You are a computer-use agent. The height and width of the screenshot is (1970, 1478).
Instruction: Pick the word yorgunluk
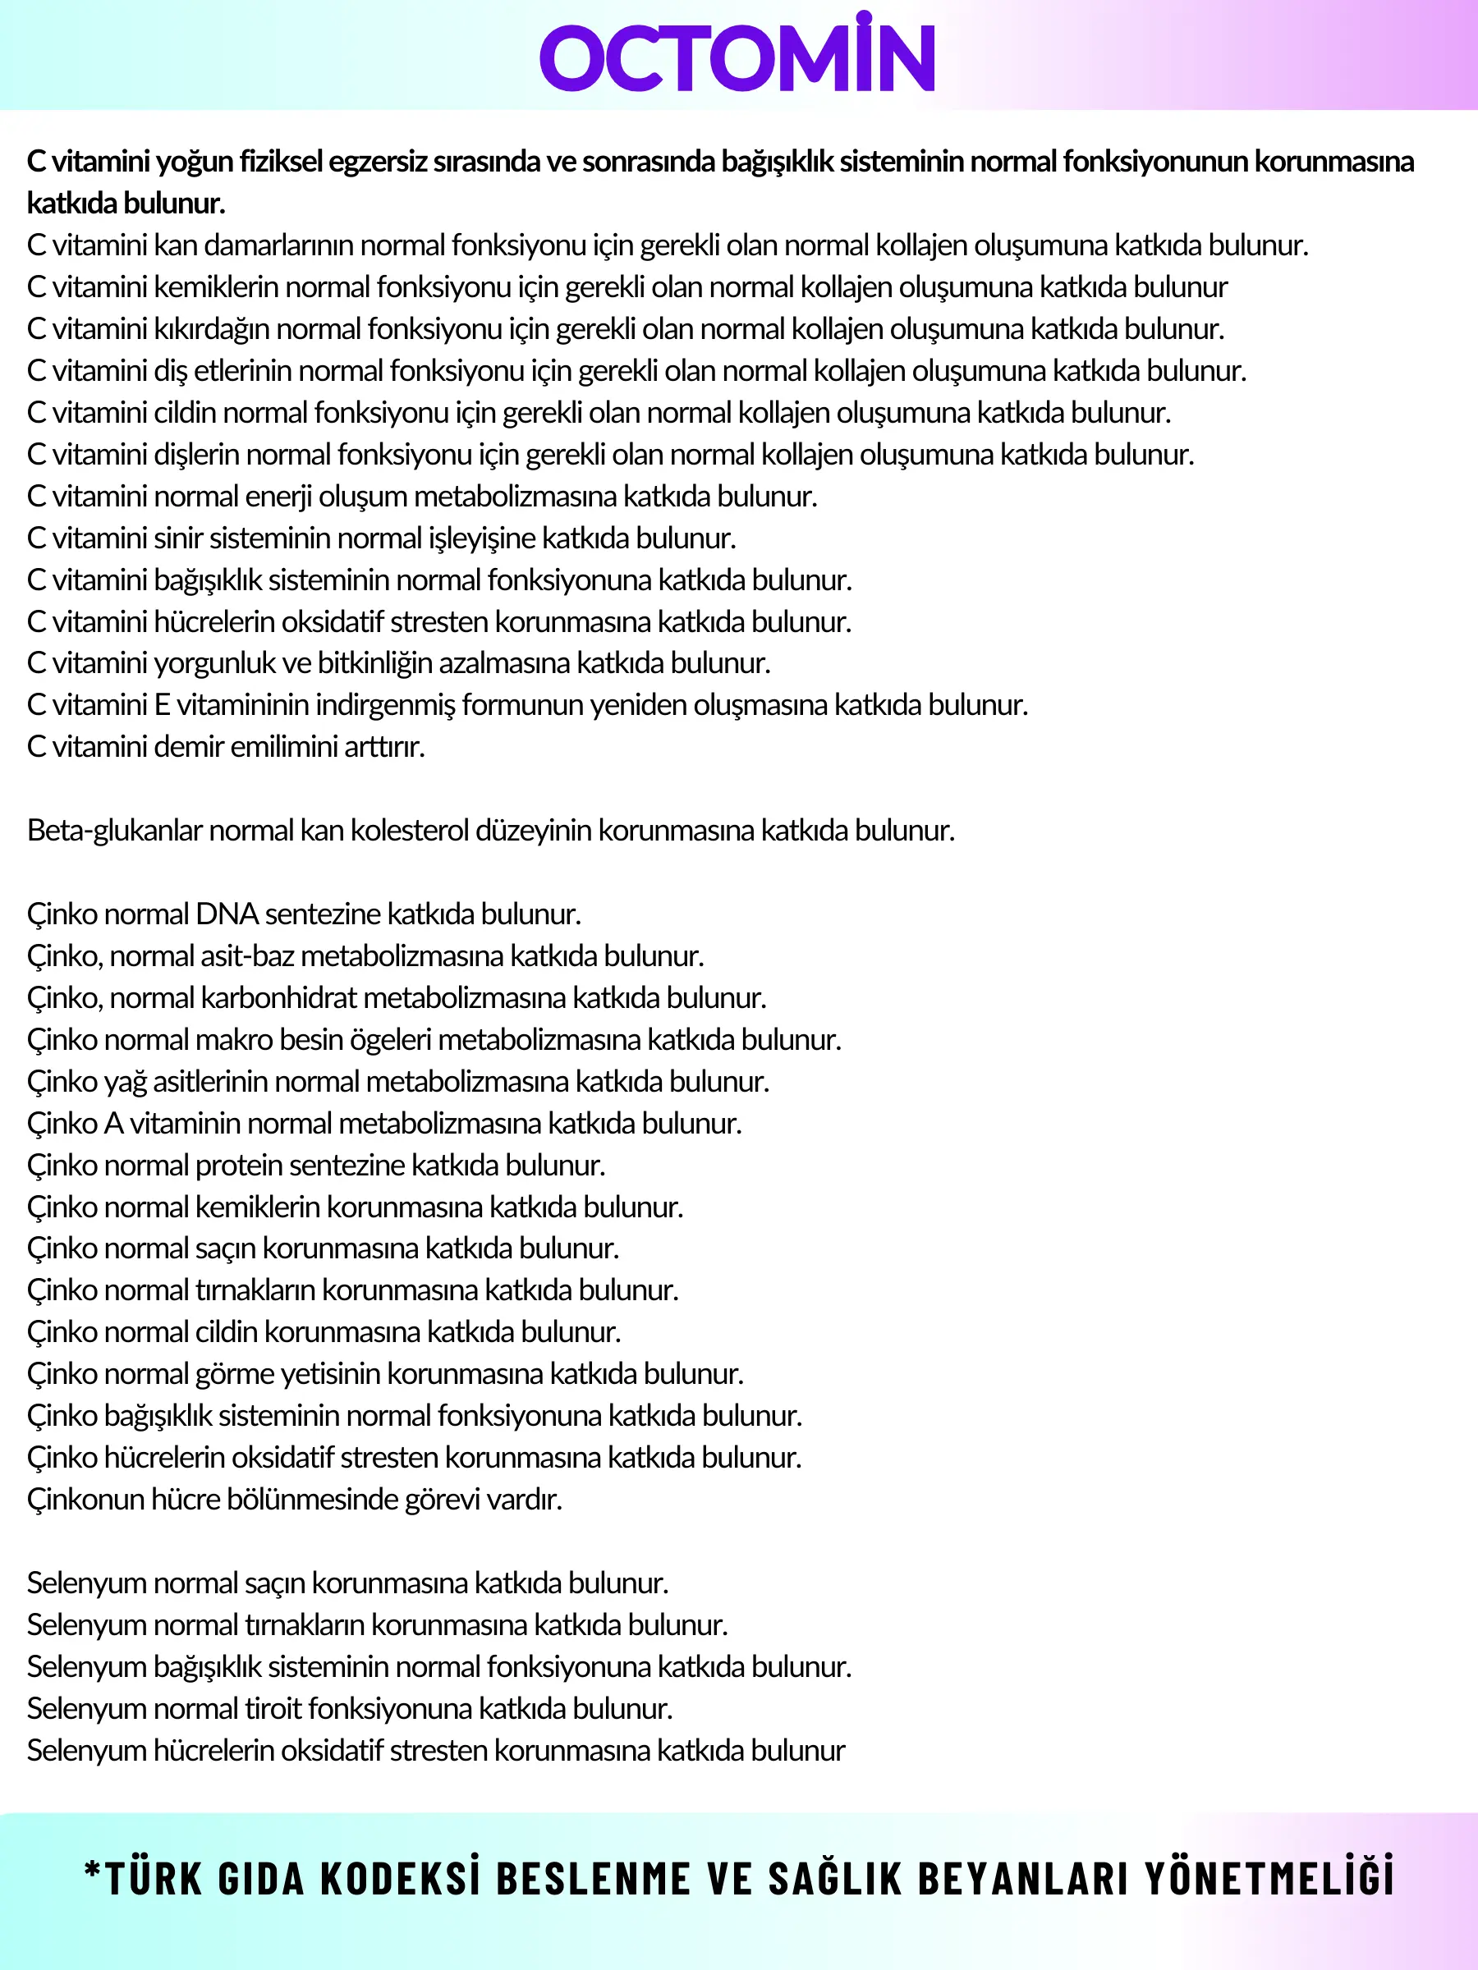click(213, 664)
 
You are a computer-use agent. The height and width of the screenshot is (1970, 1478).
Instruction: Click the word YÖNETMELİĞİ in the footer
click(1269, 1879)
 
